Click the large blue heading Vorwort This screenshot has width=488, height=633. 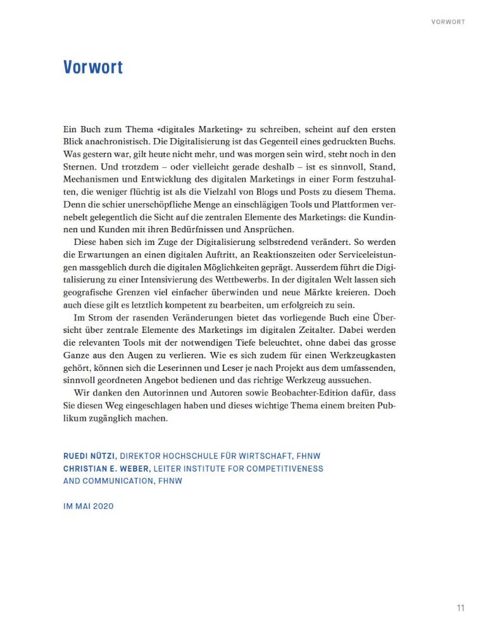coord(93,67)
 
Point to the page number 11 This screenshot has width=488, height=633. coord(460,608)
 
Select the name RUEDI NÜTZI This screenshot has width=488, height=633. coord(90,456)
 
